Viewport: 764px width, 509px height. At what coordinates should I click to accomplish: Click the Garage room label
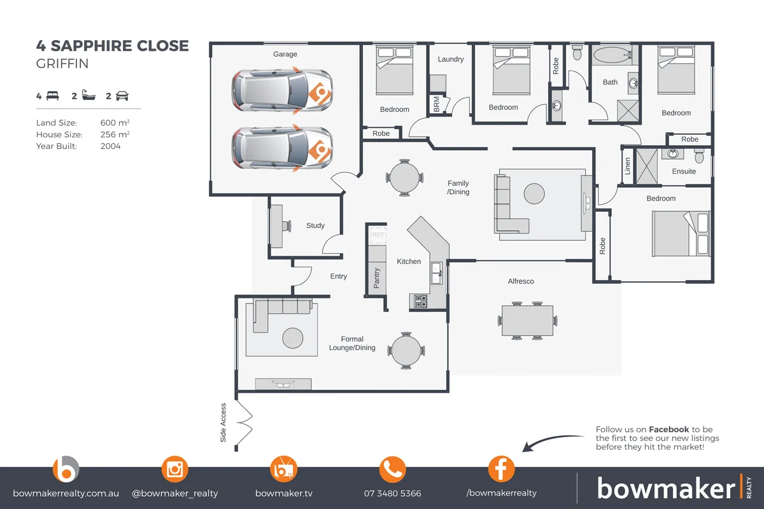(285, 55)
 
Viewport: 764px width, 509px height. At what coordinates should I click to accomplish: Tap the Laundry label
(451, 59)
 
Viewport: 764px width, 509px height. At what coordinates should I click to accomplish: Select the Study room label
(315, 225)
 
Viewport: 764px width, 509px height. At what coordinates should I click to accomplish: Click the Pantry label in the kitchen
(377, 278)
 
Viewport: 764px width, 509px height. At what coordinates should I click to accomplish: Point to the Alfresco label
(521, 281)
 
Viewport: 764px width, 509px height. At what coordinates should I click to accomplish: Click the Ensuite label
(684, 171)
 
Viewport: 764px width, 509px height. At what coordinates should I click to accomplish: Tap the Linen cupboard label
(628, 166)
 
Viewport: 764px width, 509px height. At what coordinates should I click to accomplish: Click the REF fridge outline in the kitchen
(379, 235)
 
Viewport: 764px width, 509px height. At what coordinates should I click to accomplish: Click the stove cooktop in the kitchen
(421, 301)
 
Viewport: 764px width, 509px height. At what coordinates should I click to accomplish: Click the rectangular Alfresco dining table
(528, 320)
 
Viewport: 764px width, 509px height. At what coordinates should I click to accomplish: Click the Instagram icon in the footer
(174, 470)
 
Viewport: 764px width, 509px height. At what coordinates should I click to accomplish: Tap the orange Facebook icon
(501, 470)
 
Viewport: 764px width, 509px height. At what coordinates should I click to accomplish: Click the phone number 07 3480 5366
(392, 493)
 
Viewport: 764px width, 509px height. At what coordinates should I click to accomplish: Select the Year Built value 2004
(111, 146)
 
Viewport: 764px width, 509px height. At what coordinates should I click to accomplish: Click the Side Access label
(223, 422)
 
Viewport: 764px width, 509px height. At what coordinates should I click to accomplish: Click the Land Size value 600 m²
(115, 123)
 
